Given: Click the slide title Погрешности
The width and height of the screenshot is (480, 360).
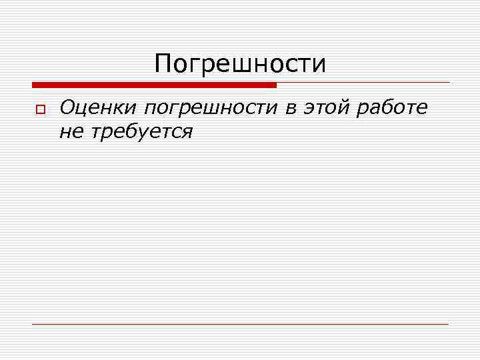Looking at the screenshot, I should (x=240, y=65).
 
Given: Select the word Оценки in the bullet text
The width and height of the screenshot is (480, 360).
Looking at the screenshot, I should (x=98, y=107).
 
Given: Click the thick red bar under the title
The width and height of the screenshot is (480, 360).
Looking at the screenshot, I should (x=153, y=85).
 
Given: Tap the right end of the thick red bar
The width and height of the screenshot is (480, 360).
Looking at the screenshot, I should (x=274, y=85).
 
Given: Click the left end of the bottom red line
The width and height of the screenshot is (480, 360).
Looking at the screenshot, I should (x=34, y=324).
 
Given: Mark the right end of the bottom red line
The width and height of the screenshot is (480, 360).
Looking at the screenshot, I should (x=448, y=324).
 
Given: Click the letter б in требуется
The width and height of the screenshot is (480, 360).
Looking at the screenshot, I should (x=130, y=131).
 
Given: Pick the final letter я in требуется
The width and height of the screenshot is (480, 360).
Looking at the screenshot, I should (x=186, y=133).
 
